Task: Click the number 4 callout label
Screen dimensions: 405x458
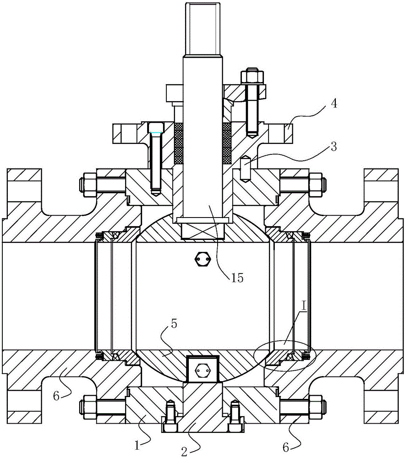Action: [334, 103]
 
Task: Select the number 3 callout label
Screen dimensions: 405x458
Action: [334, 147]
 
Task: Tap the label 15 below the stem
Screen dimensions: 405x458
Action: [237, 278]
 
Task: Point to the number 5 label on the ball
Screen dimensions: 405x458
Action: [174, 324]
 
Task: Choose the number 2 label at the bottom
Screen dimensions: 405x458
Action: [184, 452]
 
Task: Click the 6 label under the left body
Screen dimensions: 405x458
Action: [56, 396]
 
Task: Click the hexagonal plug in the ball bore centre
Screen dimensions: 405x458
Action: [202, 259]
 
